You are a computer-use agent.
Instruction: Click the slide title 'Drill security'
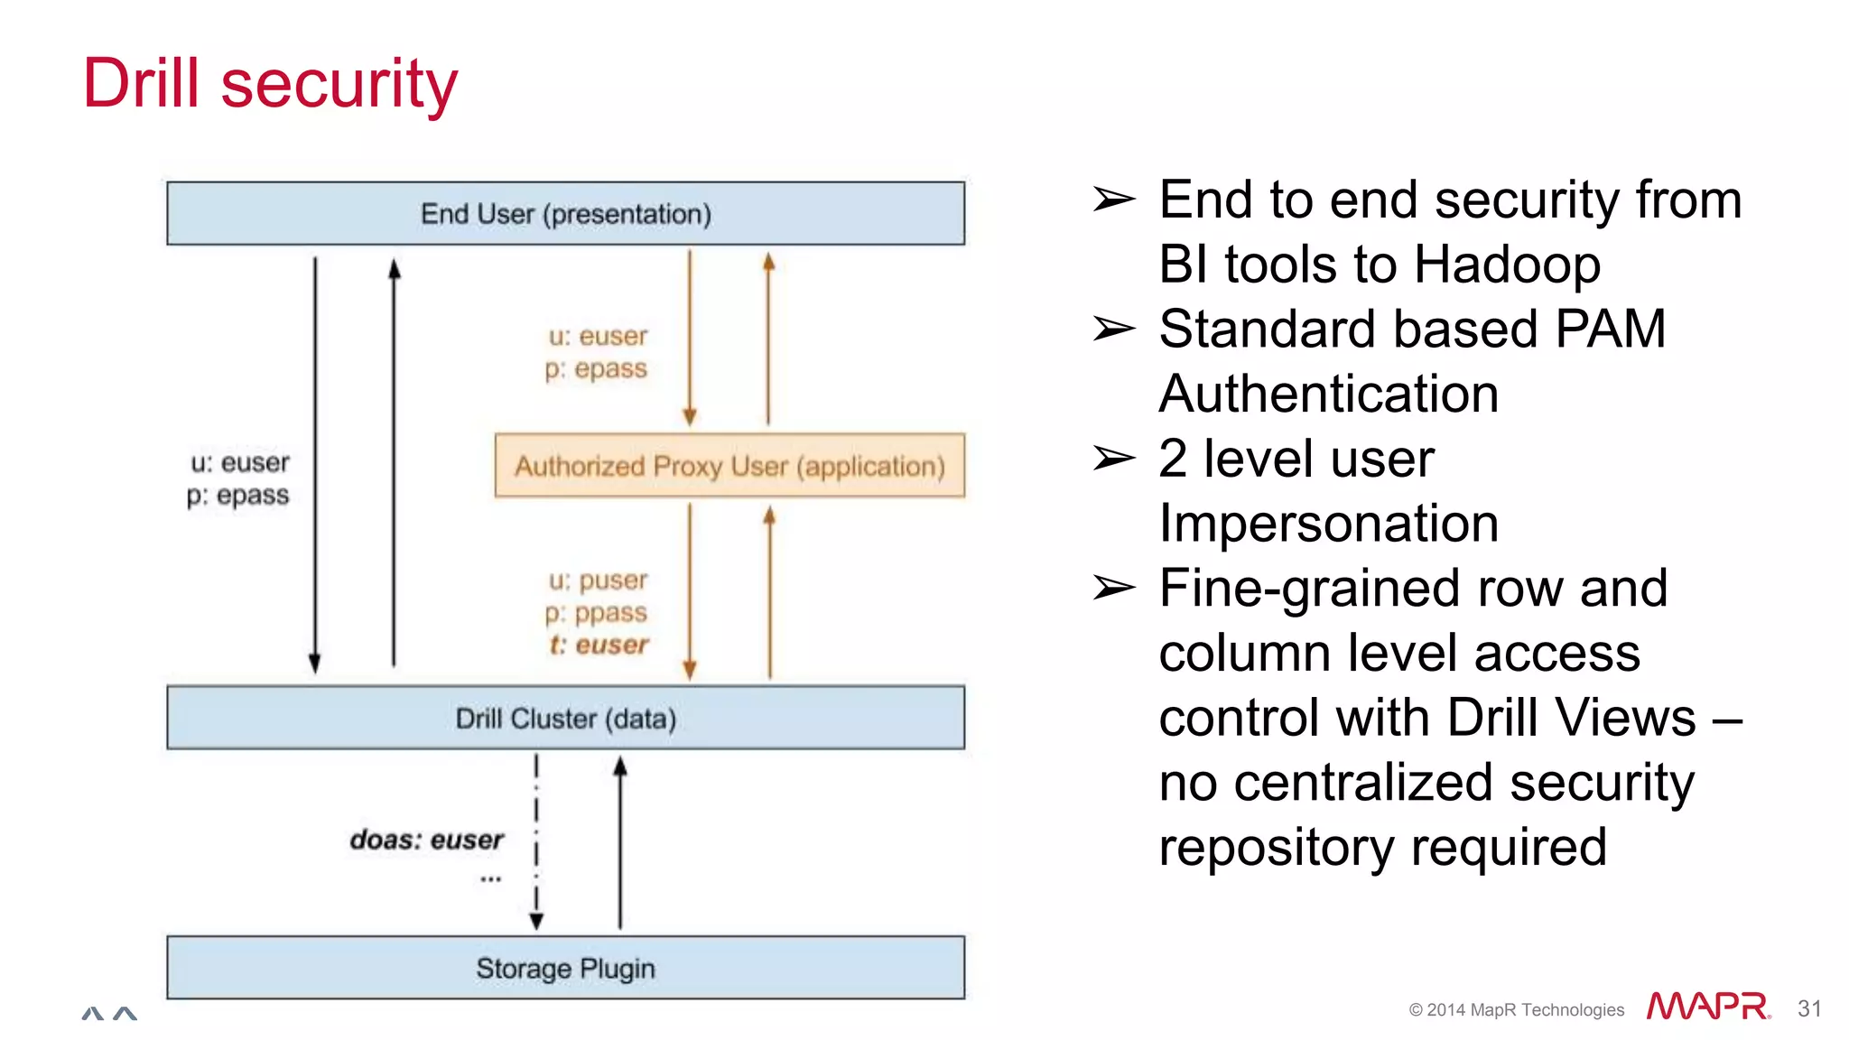coord(270,83)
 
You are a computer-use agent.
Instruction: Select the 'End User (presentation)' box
coord(565,214)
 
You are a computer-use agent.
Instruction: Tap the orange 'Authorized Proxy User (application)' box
coord(729,466)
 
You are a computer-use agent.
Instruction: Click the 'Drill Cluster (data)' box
coord(565,719)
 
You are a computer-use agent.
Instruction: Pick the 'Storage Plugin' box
coord(565,968)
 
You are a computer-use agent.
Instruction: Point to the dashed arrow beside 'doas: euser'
coord(536,840)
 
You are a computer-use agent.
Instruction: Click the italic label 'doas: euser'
coord(426,840)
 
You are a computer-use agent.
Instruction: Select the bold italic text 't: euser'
coord(599,645)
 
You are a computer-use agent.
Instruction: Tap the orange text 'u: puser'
coord(599,580)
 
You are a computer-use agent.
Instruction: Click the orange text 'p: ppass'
coord(597,612)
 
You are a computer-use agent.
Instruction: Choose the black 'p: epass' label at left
coord(238,496)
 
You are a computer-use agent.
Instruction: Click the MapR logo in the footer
coord(1707,1007)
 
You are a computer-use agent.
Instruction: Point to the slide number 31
coord(1809,1008)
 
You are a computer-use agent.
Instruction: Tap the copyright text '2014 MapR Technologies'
coord(1524,1010)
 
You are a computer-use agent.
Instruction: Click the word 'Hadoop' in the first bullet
coord(1507,265)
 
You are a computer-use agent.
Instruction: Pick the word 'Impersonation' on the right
coord(1328,524)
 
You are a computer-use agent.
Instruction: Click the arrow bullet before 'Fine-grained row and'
coord(1113,589)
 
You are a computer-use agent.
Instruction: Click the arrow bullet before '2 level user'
coord(1113,459)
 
